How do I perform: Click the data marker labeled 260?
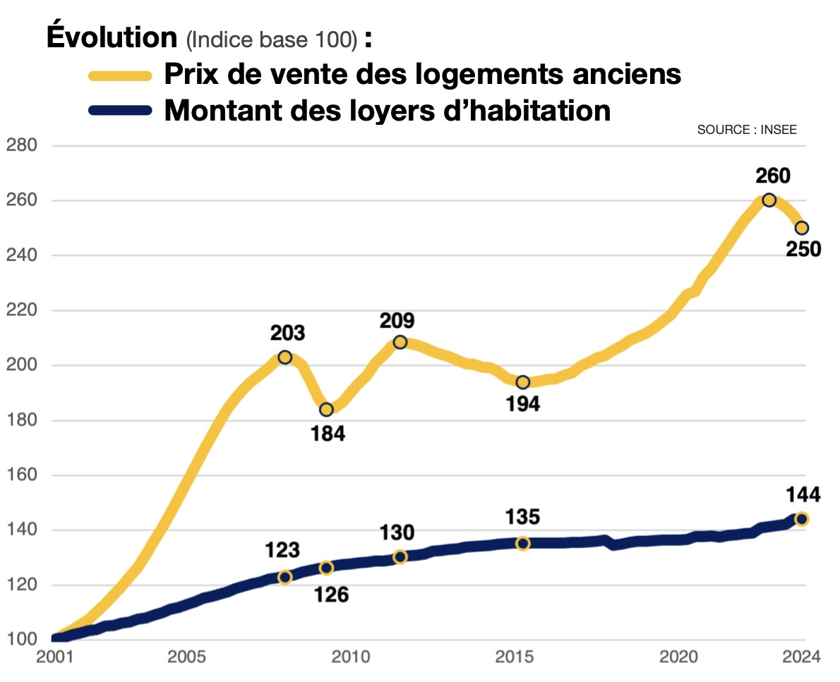tap(769, 200)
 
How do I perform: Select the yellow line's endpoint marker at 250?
tap(801, 228)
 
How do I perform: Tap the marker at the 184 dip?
tap(326, 410)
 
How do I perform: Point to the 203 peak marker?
tap(284, 358)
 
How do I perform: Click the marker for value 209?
tap(400, 342)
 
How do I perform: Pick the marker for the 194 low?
tap(522, 382)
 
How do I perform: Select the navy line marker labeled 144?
tap(801, 519)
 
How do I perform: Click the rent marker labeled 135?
tap(522, 543)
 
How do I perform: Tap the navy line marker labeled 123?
tap(284, 577)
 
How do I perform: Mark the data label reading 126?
tap(331, 595)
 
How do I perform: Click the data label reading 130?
tap(397, 532)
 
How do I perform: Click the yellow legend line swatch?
tap(119, 75)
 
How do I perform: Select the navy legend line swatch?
tap(119, 110)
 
